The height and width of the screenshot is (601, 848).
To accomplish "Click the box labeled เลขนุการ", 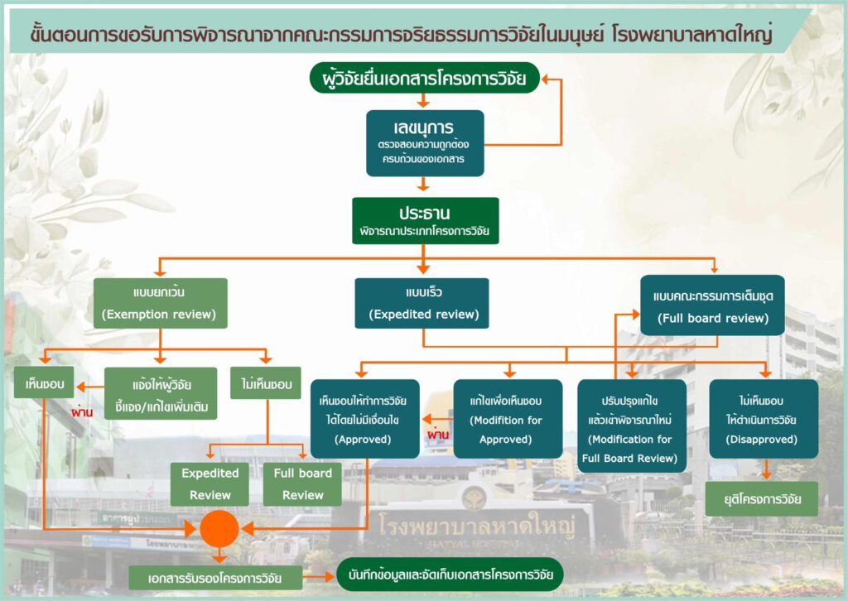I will [x=425, y=142].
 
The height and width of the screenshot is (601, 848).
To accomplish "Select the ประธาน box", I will [x=425, y=220].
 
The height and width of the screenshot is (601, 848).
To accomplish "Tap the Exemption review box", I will [x=160, y=303].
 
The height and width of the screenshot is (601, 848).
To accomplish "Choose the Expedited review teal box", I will [x=422, y=303].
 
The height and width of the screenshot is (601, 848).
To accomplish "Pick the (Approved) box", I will [x=364, y=419].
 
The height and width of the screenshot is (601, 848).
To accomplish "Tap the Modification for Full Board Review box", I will [x=632, y=426].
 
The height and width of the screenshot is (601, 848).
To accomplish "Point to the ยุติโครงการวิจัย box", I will [x=761, y=499].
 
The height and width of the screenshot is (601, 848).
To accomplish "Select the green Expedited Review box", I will [x=210, y=484].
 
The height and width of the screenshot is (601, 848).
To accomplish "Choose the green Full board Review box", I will [x=302, y=484].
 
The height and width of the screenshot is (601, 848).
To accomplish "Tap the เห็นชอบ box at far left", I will [x=43, y=385].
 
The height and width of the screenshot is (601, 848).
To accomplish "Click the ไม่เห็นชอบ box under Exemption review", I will [x=265, y=384].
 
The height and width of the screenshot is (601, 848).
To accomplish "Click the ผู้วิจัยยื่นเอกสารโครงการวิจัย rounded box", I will [x=424, y=79].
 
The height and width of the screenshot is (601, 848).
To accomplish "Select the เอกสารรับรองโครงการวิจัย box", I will [x=216, y=577].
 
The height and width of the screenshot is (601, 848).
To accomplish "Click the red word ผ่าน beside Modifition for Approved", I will [x=436, y=434].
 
